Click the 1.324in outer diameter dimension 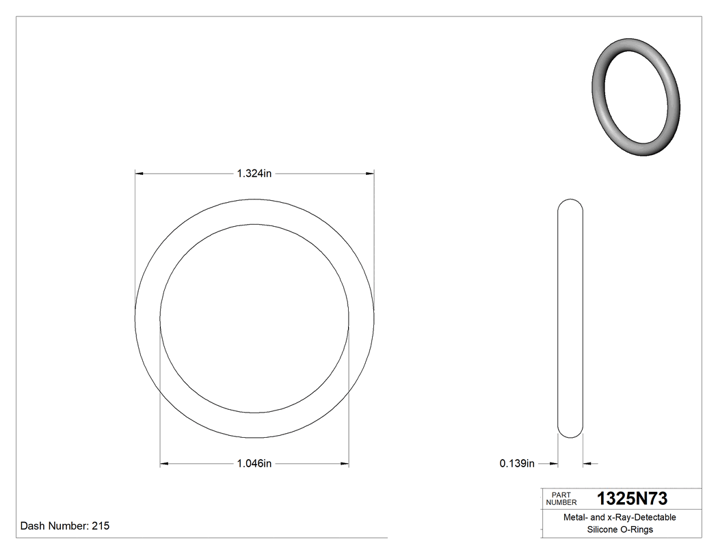click(x=254, y=174)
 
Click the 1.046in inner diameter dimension click(x=254, y=464)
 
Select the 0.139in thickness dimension click(x=517, y=464)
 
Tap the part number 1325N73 click(x=632, y=499)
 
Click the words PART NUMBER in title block click(x=561, y=499)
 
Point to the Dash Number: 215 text click(x=65, y=526)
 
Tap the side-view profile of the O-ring click(x=571, y=318)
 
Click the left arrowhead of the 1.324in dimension click(x=139, y=174)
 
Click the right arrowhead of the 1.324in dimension click(x=369, y=174)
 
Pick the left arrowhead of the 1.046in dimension click(x=164, y=464)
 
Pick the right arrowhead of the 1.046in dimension click(x=345, y=464)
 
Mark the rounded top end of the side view click(x=571, y=204)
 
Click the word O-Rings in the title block click(x=637, y=529)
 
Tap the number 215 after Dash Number click(x=100, y=526)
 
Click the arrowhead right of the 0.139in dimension click(x=587, y=464)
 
